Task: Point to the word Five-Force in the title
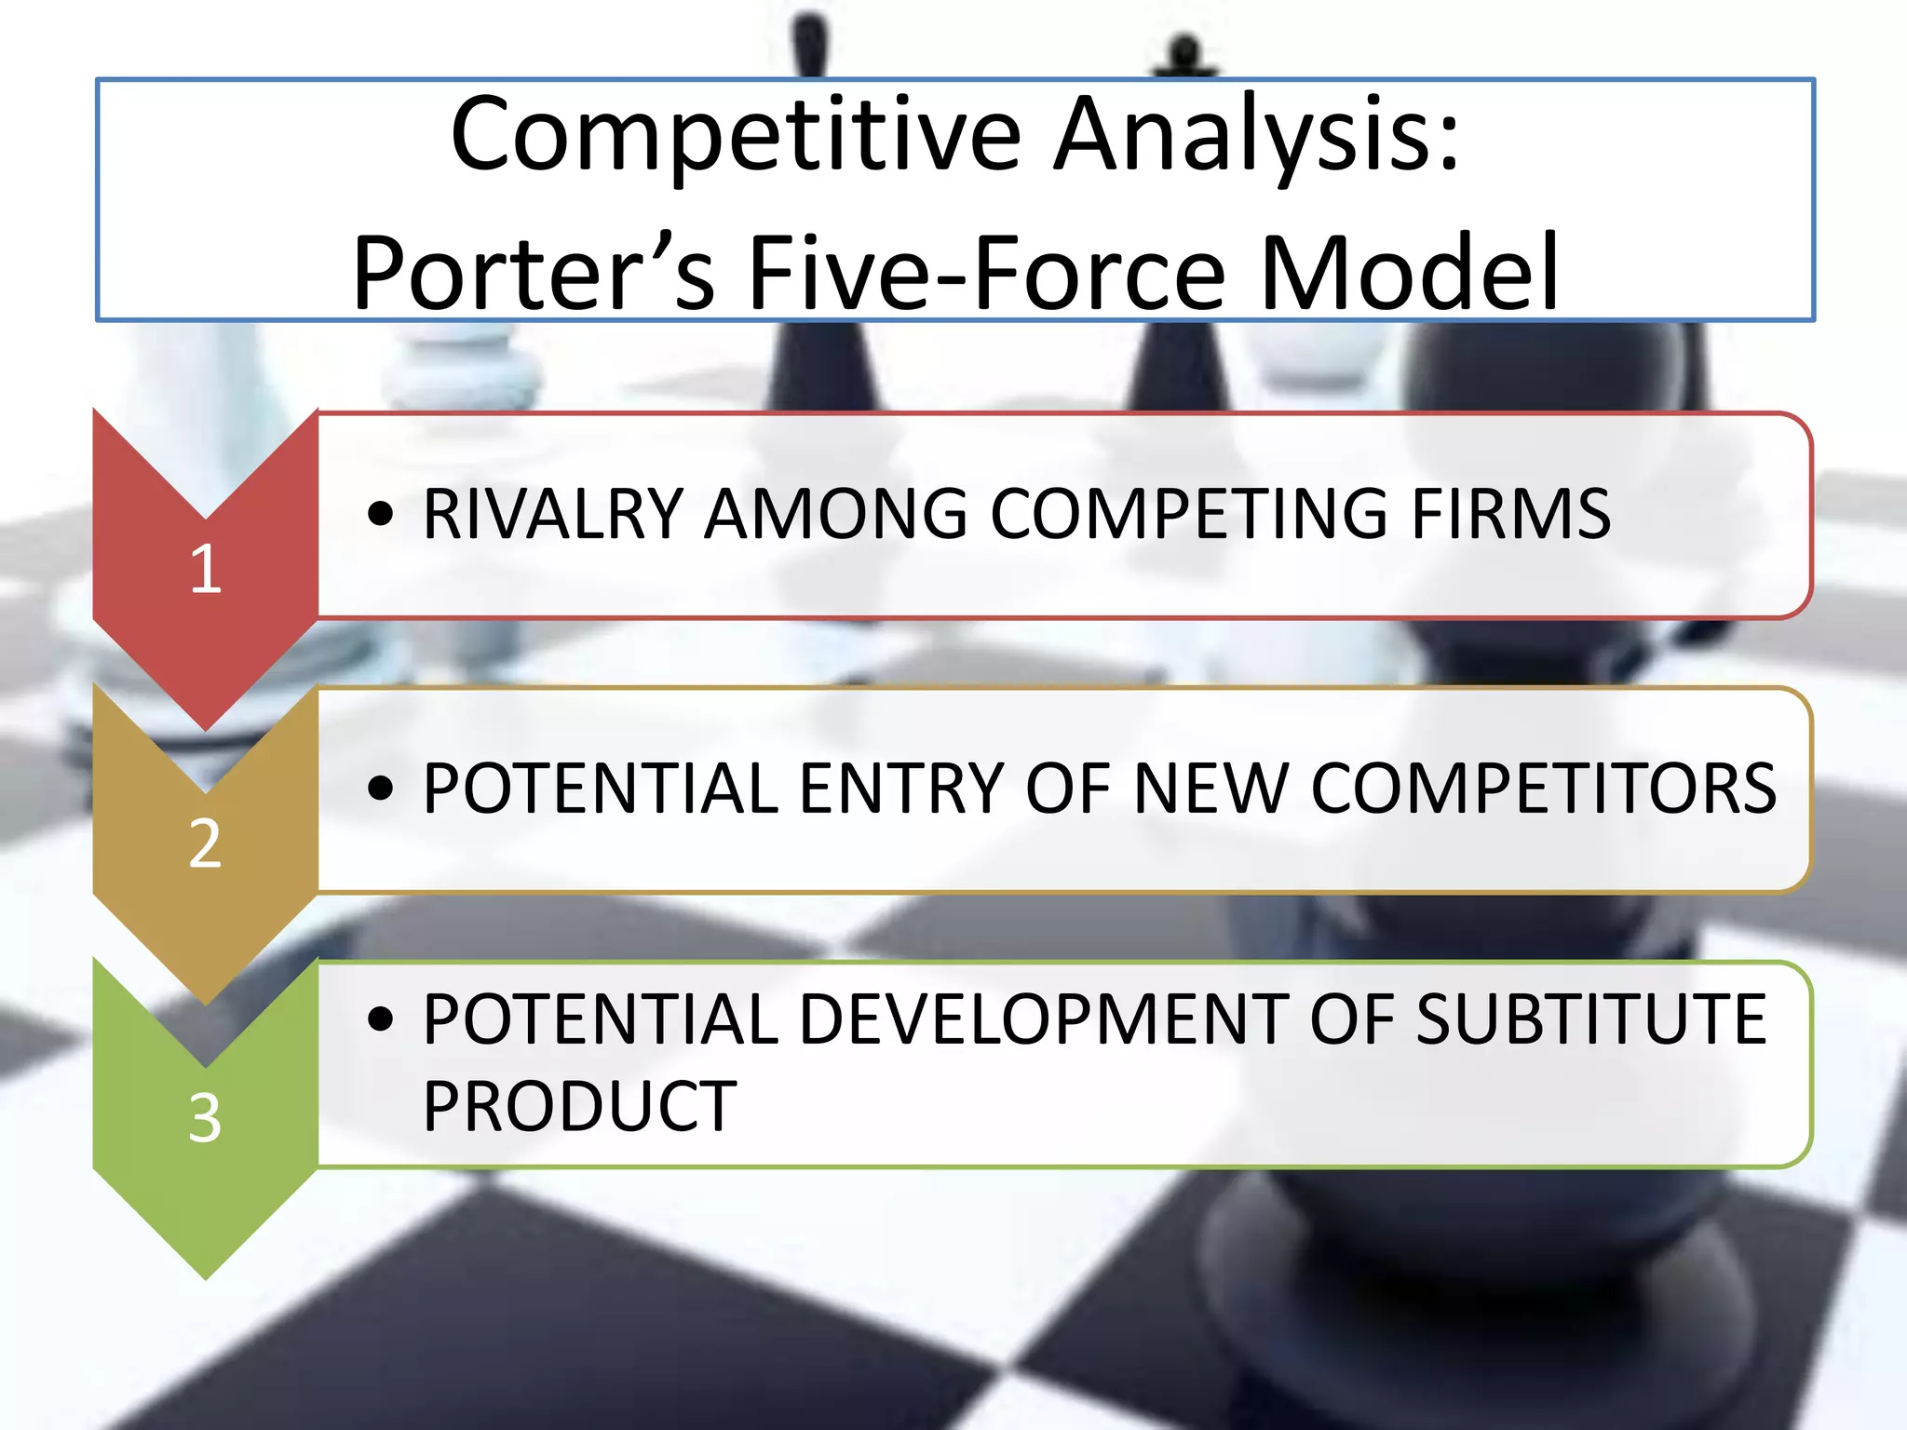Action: [x=987, y=275]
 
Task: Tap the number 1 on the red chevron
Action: [x=206, y=569]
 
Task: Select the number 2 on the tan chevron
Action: [x=206, y=844]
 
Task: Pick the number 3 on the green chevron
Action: [x=206, y=1118]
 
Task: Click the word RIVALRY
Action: [x=554, y=514]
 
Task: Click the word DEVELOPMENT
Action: [x=1043, y=1019]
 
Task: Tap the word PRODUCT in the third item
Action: [x=579, y=1107]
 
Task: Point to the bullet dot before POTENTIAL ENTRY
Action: [x=380, y=789]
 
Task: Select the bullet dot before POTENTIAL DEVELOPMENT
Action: [x=380, y=1019]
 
